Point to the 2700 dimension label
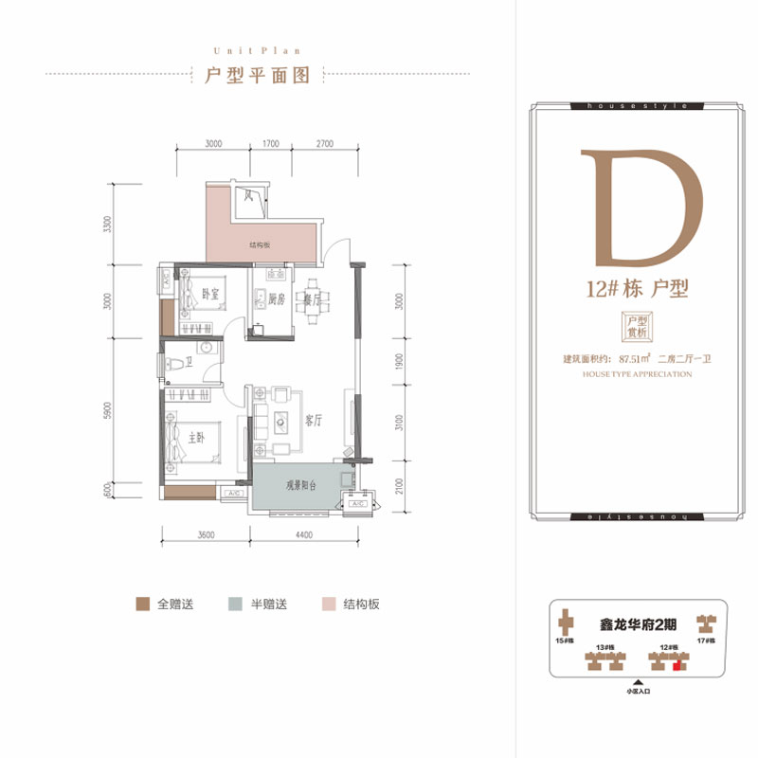click(324, 145)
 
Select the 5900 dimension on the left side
click(112, 410)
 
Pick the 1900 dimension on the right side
click(401, 363)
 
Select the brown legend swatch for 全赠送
click(142, 604)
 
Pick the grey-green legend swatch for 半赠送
click(233, 604)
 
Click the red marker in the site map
click(676, 666)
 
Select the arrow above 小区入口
click(638, 681)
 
